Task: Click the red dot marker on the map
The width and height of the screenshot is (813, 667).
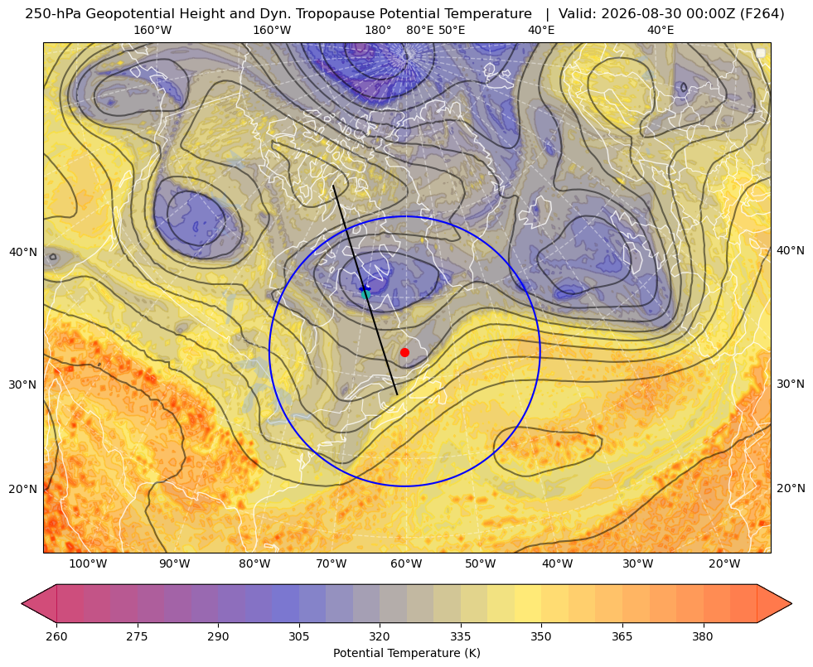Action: point(404,352)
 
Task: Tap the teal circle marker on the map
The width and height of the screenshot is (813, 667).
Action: point(366,294)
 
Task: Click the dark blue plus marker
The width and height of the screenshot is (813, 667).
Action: point(365,288)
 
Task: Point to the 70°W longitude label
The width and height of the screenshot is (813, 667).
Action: point(331,563)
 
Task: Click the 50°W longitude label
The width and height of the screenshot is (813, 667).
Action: point(480,563)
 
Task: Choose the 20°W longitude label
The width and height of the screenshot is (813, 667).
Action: point(724,563)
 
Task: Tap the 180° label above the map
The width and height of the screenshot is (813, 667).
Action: point(378,30)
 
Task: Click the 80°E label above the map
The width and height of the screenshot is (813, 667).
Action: point(419,30)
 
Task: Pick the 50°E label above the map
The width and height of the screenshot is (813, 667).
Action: point(452,30)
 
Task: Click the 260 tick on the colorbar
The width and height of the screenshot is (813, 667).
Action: point(56,636)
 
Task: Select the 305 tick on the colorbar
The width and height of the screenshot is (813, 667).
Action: point(299,636)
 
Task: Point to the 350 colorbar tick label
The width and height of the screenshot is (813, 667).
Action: point(541,636)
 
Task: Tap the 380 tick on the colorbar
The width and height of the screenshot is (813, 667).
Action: point(703,636)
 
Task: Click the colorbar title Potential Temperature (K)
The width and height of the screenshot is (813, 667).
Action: point(406,653)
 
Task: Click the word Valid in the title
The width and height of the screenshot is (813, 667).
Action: point(574,14)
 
